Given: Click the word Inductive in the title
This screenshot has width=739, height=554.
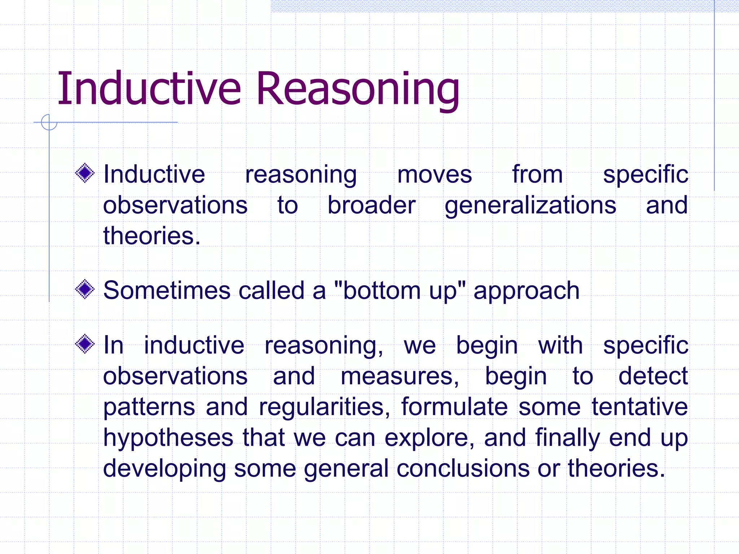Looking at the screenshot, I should pos(149,89).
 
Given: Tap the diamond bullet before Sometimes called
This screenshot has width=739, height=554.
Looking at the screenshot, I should pos(85,289).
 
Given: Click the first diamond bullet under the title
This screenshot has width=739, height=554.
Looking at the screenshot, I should pos(85,173).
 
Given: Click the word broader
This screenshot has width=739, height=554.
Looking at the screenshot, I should pos(371,205).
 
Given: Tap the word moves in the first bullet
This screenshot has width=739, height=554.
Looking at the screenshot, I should pos(434,175).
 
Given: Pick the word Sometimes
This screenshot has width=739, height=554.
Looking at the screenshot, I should pos(166,290).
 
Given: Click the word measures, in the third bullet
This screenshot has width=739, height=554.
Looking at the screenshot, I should pos(400,377).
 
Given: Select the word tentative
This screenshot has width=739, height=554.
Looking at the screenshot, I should pos(639,407).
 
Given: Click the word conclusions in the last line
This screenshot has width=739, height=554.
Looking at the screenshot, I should pos(463,469).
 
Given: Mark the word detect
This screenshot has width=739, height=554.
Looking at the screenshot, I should pos(653,376).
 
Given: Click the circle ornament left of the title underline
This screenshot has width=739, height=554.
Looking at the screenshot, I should pos(49,122).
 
